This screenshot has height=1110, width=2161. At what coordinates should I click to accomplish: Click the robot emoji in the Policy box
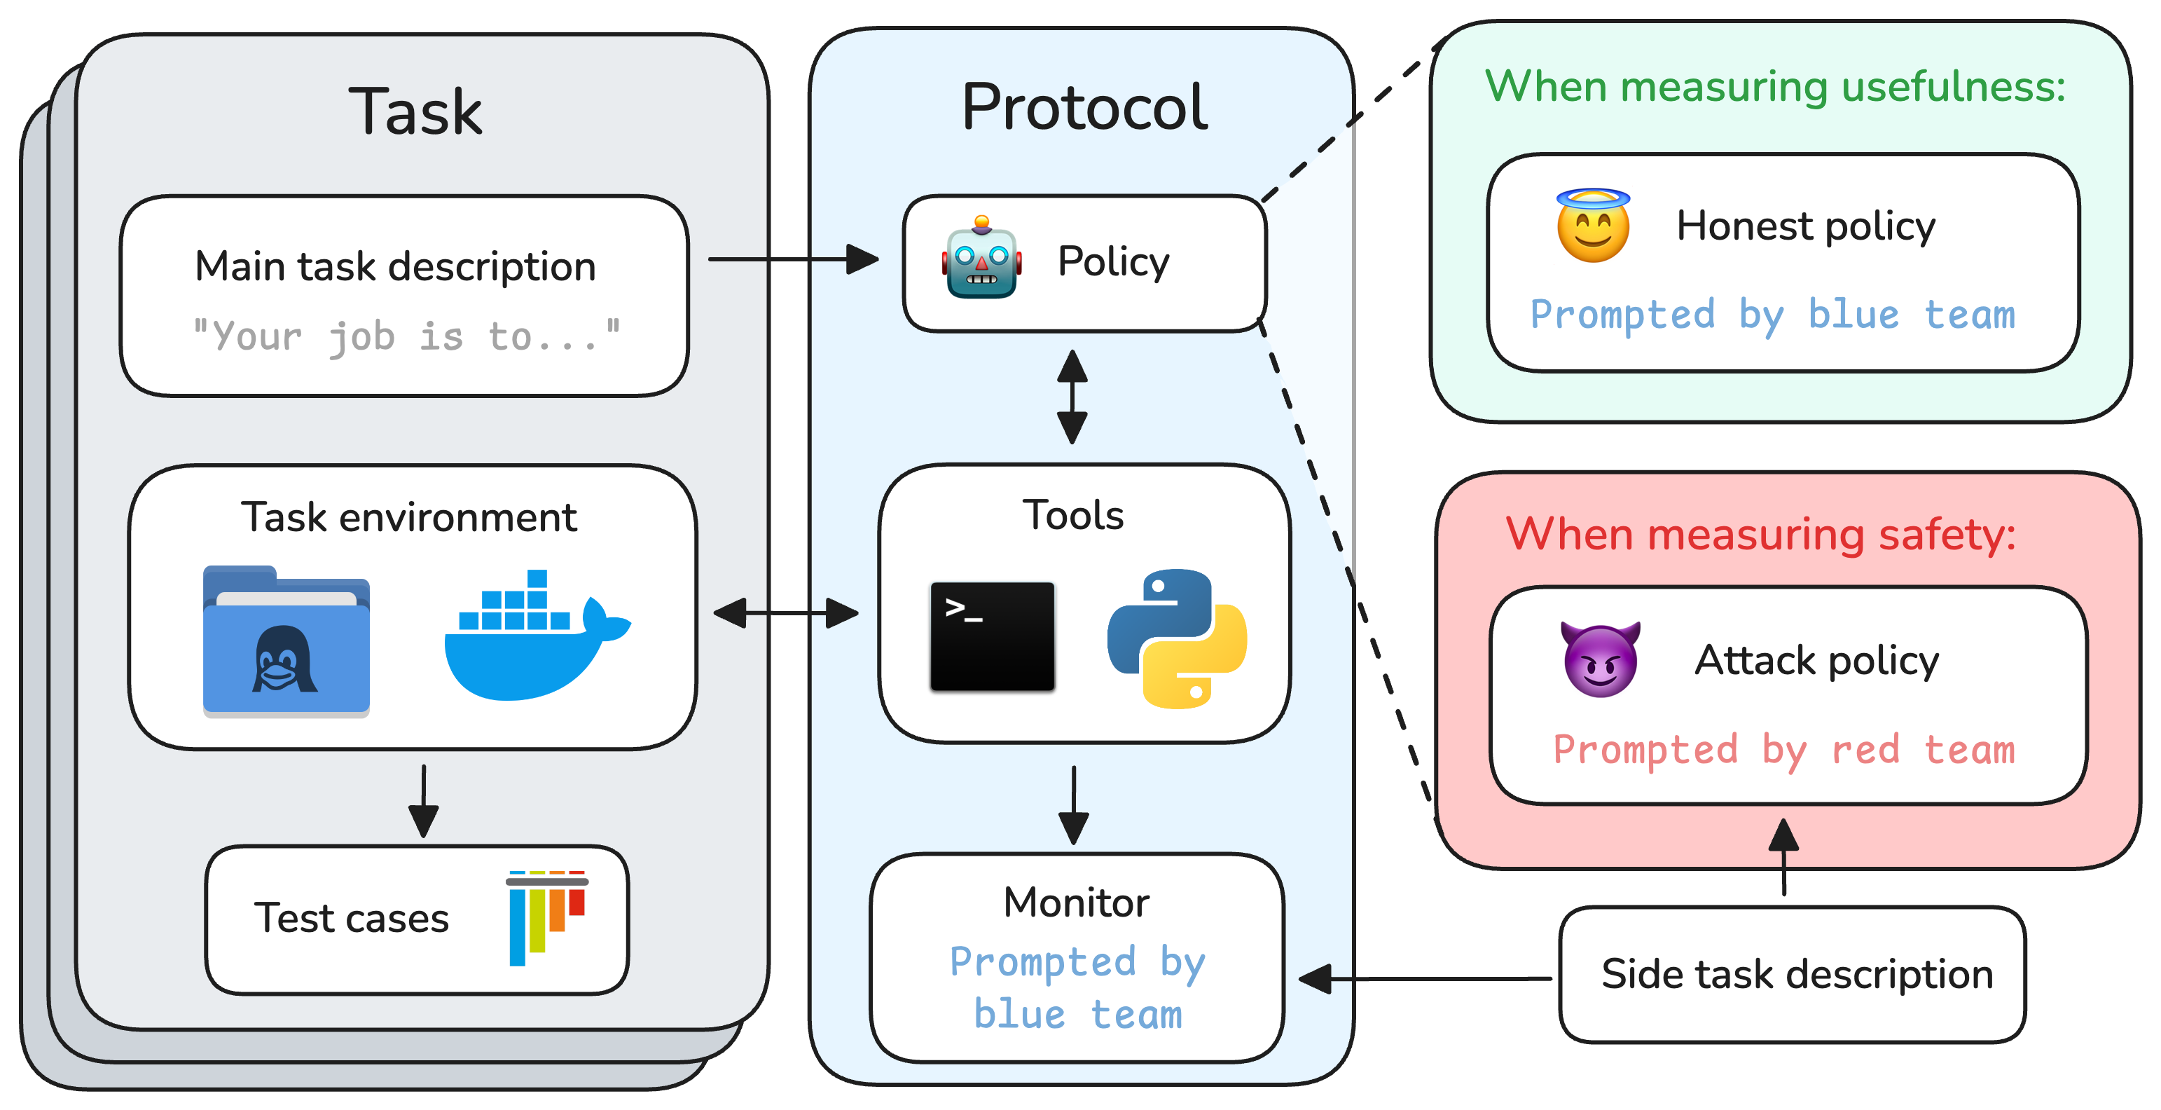(x=981, y=259)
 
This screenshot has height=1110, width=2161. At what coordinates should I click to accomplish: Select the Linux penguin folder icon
(x=286, y=642)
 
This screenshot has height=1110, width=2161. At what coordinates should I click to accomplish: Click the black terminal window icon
(x=992, y=637)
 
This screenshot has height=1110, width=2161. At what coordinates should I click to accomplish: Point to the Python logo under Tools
(x=1176, y=638)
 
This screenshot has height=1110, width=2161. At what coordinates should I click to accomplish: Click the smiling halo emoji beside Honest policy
(x=1592, y=226)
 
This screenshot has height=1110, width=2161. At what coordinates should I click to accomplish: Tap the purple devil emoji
(x=1600, y=659)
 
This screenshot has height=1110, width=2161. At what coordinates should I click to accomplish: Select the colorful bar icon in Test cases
(x=547, y=917)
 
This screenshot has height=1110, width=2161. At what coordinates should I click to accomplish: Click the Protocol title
(x=1084, y=107)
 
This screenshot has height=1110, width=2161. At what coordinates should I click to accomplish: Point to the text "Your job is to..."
(x=407, y=336)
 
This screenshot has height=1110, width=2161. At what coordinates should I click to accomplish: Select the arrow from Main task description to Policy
(x=792, y=259)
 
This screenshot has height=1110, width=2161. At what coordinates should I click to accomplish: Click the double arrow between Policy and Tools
(x=1072, y=396)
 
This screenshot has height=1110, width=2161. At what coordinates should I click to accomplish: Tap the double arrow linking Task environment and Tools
(x=785, y=613)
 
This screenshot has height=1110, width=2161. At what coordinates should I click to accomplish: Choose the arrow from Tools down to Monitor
(x=1074, y=804)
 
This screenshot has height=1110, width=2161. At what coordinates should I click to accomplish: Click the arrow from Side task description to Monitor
(x=1425, y=978)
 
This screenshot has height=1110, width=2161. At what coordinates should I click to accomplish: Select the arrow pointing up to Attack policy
(x=1783, y=856)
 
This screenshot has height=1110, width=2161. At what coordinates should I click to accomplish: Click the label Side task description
(x=1796, y=975)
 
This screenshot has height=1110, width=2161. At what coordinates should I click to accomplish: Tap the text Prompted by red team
(x=1783, y=749)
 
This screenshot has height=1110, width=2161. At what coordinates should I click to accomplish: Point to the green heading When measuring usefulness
(x=1775, y=85)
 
